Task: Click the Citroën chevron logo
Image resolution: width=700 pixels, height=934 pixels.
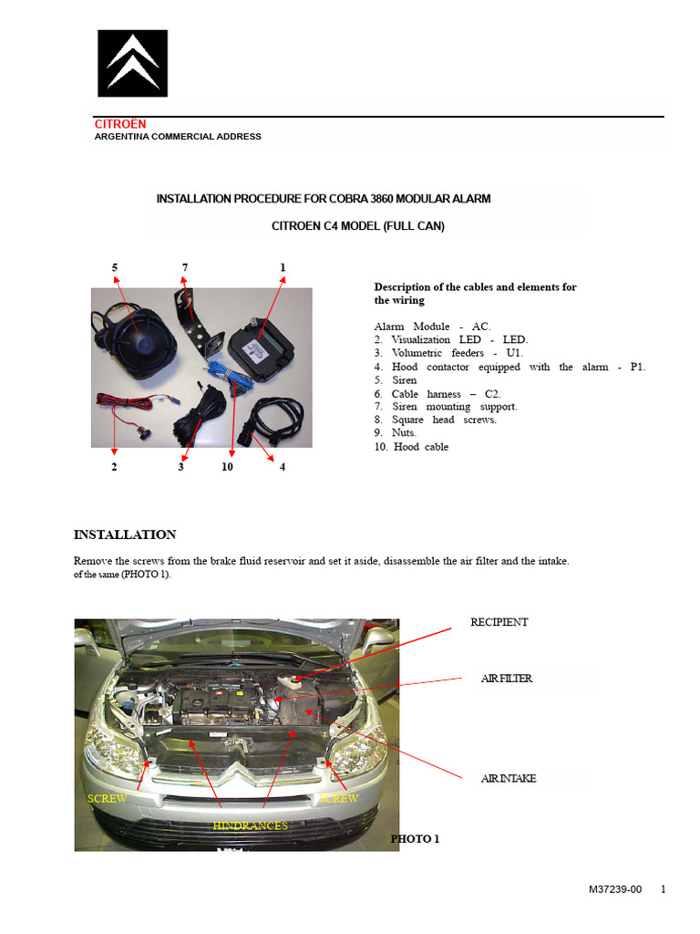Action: tap(133, 63)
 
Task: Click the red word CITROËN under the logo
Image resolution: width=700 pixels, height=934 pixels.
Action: tap(120, 124)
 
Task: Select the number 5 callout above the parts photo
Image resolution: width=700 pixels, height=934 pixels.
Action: tap(115, 267)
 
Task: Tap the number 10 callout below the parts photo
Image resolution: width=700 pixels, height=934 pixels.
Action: tap(227, 467)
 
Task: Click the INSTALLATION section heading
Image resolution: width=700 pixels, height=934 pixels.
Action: tap(124, 534)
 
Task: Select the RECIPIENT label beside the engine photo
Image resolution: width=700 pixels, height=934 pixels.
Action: tap(499, 622)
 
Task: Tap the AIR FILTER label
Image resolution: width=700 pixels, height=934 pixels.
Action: tap(507, 679)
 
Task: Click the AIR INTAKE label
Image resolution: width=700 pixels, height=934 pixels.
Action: tap(509, 779)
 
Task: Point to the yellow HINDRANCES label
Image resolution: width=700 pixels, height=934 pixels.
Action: tap(250, 825)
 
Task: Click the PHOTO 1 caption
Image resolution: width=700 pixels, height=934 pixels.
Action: tap(415, 838)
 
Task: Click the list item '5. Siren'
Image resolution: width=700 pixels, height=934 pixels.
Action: tap(396, 380)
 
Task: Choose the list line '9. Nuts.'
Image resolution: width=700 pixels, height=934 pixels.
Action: tap(395, 433)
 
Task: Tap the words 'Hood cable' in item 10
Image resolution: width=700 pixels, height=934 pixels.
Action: tap(421, 447)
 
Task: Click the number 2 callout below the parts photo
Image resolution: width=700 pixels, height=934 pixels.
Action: tap(114, 467)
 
